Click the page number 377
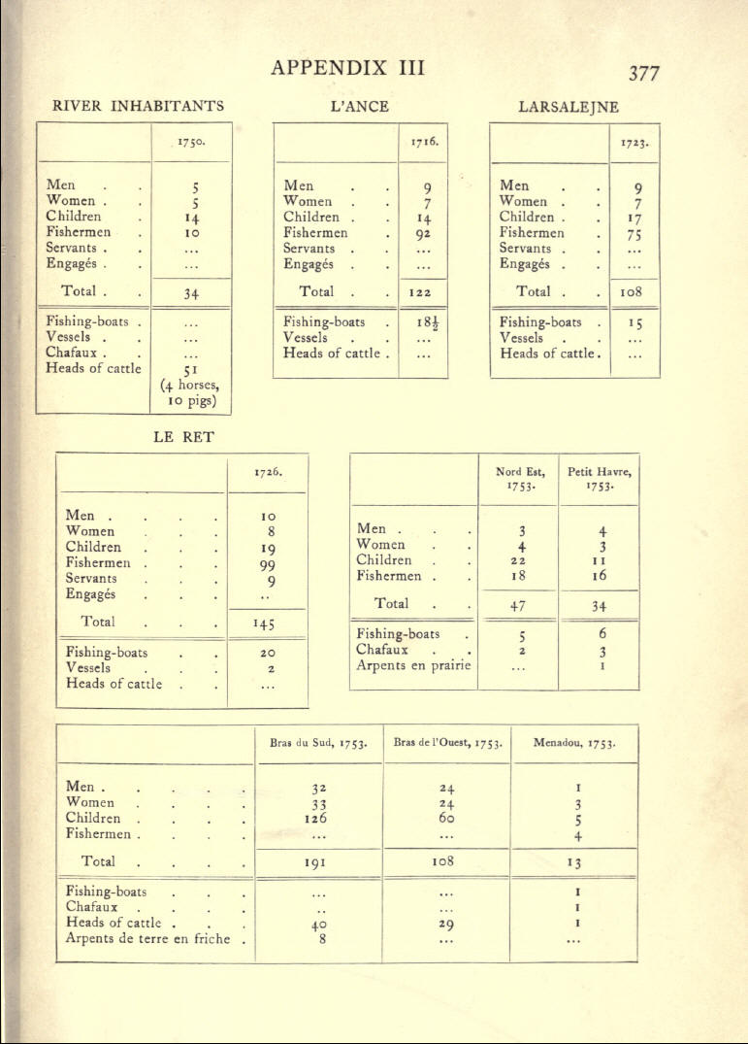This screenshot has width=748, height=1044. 643,73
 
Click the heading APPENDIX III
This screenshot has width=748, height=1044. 348,69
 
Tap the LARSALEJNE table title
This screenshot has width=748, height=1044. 569,107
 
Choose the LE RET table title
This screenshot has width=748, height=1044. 182,438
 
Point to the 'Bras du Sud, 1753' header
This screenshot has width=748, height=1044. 317,745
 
